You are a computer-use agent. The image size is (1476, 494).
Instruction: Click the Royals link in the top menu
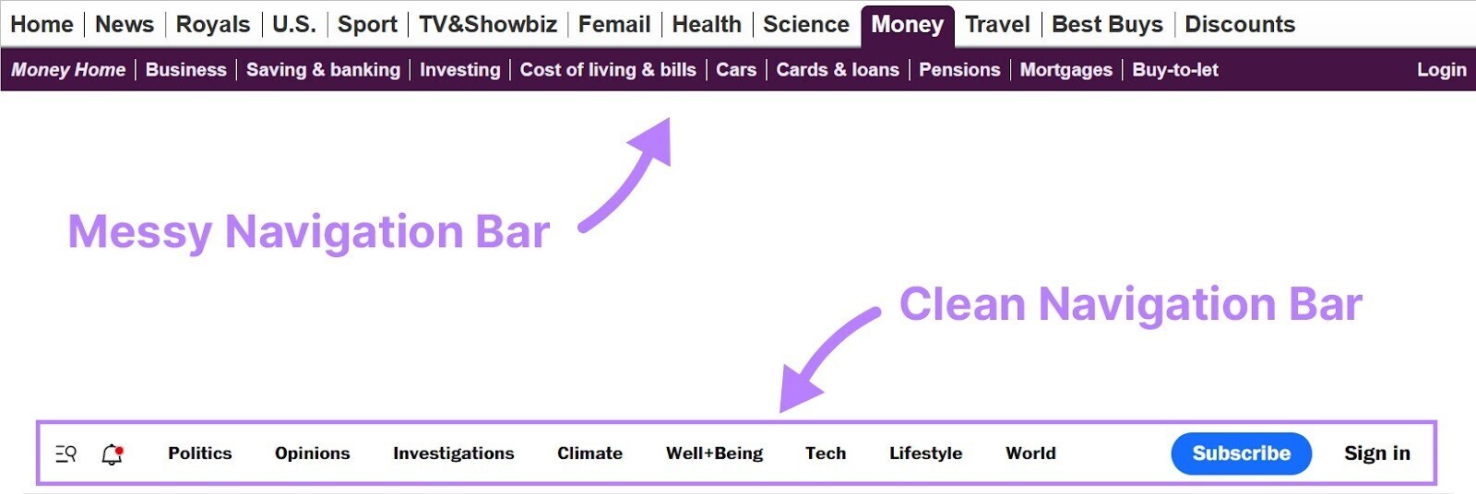click(212, 24)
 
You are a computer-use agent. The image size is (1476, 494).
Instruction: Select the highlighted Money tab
click(907, 25)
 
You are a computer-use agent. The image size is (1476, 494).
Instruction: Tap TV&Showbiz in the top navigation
click(487, 24)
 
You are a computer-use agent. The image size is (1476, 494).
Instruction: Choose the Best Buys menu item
click(1107, 24)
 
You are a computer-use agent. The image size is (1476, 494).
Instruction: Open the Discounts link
click(1239, 24)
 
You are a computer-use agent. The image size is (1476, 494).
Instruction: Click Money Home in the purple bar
click(68, 70)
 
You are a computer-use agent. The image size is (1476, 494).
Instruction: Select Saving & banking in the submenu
click(323, 70)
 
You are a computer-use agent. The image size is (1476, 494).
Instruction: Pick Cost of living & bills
click(608, 70)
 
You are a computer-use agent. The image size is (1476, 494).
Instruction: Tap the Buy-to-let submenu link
click(1174, 70)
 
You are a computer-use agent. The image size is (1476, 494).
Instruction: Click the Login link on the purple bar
click(1441, 70)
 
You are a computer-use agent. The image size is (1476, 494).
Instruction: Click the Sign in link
click(1376, 453)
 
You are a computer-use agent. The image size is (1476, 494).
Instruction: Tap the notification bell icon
click(113, 453)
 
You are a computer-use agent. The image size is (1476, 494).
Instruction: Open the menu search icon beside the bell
click(65, 453)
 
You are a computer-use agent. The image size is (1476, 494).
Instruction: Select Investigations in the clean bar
click(453, 453)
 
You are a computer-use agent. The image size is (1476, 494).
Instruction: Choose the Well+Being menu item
click(714, 453)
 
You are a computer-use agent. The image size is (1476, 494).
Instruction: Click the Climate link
click(589, 453)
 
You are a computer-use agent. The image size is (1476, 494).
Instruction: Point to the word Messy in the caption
click(139, 231)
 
